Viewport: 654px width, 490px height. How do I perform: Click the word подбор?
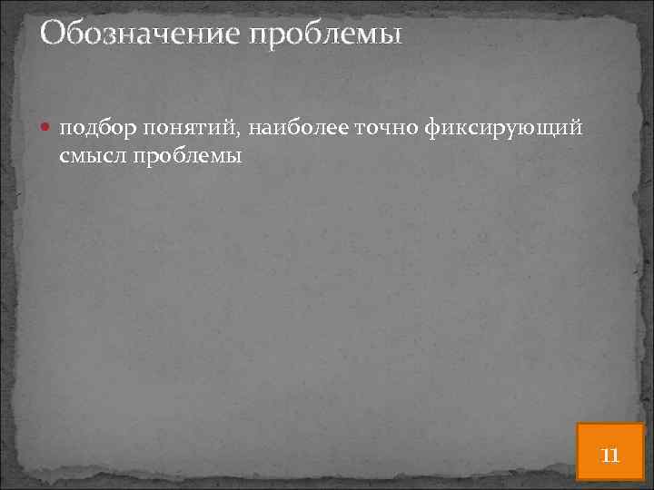click(94, 130)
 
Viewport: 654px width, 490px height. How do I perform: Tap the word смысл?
click(94, 156)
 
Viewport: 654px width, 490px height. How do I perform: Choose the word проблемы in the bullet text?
click(187, 157)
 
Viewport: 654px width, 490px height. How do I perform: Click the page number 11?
click(610, 454)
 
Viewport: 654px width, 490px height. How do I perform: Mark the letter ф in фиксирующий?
click(431, 130)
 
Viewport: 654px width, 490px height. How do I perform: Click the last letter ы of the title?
click(391, 37)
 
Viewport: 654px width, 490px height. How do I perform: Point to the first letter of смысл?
click(65, 157)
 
